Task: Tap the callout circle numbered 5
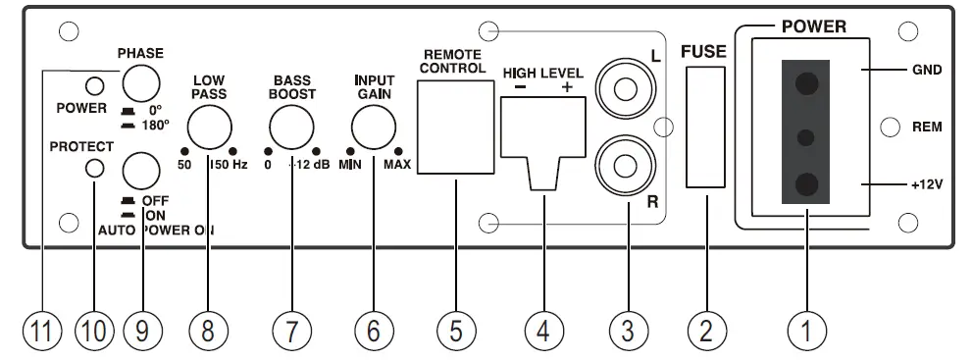click(456, 332)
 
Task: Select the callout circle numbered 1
click(806, 332)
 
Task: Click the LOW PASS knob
click(209, 128)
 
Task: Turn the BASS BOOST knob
click(291, 128)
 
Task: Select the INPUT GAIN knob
click(373, 128)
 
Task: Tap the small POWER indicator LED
click(95, 84)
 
